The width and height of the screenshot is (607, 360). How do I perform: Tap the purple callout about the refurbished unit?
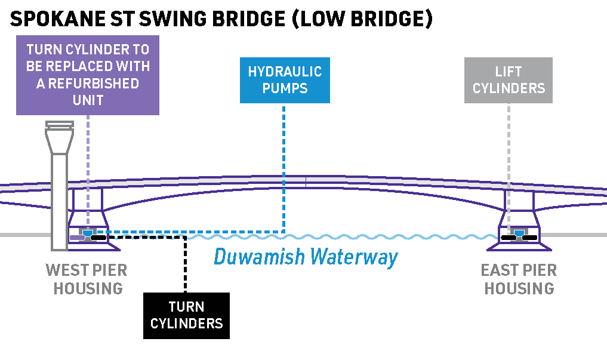(88, 75)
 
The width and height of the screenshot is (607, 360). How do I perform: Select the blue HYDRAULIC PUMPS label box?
(285, 80)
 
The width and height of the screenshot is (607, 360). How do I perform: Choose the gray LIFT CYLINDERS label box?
(509, 80)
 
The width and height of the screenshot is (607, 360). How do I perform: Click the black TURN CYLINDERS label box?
(186, 315)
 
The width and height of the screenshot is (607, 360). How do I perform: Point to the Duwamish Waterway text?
(306, 257)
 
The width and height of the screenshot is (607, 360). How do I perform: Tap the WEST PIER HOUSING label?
(87, 279)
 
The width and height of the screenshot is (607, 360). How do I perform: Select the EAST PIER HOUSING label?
(519, 279)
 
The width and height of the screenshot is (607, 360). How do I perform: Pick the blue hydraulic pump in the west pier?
(88, 232)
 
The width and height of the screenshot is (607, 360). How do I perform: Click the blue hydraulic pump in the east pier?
(519, 232)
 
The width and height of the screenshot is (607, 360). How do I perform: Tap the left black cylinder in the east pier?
(509, 238)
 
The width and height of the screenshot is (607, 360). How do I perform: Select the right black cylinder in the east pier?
(530, 238)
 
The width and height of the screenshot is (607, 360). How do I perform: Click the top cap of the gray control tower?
(61, 127)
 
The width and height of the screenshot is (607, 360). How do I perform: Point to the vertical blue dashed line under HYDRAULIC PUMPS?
(284, 167)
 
